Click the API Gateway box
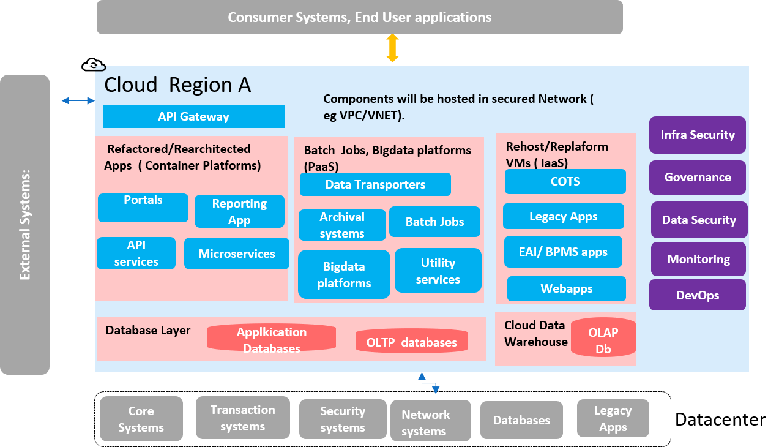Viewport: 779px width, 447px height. [x=193, y=116]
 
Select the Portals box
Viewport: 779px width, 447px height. [x=143, y=208]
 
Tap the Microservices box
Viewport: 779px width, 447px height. [x=236, y=254]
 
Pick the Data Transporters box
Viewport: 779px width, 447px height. [x=375, y=184]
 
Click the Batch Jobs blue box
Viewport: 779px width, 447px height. [x=434, y=222]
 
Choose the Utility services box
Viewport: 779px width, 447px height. [x=438, y=271]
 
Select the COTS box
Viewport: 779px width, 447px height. [x=565, y=181]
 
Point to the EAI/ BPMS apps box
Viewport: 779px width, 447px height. [x=562, y=252]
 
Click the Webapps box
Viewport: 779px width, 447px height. [x=566, y=288]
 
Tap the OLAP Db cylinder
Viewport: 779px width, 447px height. [x=603, y=341]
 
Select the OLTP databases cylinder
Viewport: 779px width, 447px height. [x=411, y=342]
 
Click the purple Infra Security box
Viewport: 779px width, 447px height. [x=697, y=135]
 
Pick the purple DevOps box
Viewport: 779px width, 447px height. [x=697, y=295]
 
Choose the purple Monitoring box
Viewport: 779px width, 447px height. [x=698, y=259]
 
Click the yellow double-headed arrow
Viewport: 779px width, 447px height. [x=392, y=48]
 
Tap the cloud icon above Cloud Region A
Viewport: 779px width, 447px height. [x=94, y=64]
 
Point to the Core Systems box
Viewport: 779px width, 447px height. [x=141, y=419]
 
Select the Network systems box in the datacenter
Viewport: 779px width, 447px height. [x=425, y=423]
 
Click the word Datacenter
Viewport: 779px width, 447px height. [x=720, y=419]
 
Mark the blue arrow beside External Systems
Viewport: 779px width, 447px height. [x=78, y=100]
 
